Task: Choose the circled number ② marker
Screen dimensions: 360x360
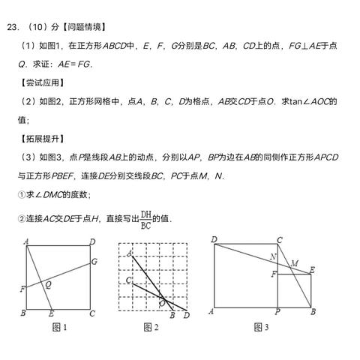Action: (x=21, y=218)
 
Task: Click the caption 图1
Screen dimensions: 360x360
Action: (x=60, y=327)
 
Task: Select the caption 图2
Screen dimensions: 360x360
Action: (x=151, y=327)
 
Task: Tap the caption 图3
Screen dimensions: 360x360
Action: (x=261, y=327)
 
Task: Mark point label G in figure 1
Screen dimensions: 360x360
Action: (x=94, y=261)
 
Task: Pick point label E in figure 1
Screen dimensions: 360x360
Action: (x=50, y=313)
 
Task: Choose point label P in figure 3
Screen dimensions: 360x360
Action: (x=277, y=312)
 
